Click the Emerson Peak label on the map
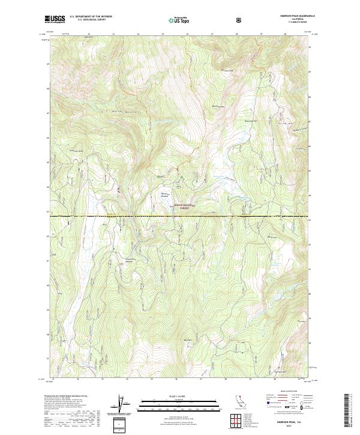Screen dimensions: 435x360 [x=216, y=106]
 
